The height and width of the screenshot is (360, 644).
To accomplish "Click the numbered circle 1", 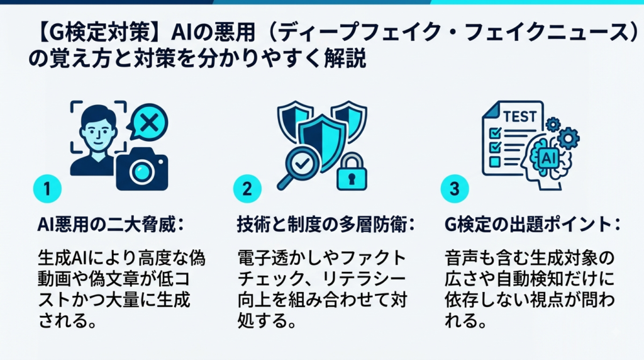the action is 47,189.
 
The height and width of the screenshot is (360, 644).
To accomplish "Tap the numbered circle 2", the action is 247,189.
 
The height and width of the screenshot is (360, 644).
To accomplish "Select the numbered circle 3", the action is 455,189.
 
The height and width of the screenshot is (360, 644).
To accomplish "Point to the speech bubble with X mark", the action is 147,122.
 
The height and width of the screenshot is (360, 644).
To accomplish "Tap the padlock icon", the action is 352,172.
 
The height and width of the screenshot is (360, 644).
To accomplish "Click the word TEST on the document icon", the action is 519,117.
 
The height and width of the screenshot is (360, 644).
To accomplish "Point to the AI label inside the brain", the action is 549,157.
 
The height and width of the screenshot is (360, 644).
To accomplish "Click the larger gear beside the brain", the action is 568,138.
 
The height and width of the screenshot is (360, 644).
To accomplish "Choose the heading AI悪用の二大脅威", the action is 106,225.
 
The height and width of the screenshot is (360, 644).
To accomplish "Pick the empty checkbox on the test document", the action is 494,162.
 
